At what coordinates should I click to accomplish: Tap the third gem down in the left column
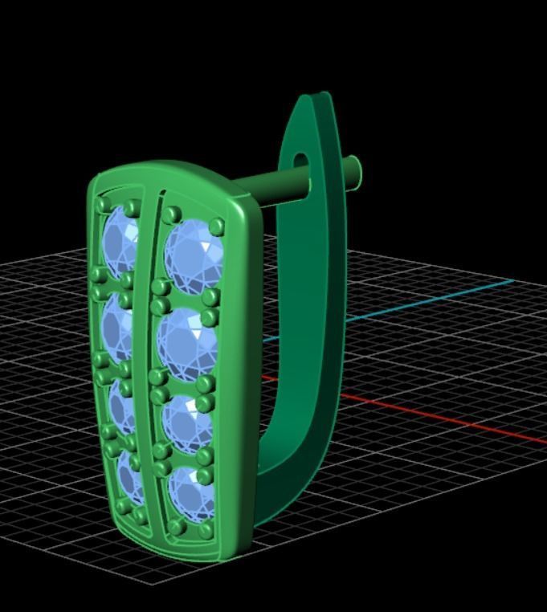123,409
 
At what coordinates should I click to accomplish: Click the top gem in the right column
191,251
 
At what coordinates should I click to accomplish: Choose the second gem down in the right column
187,341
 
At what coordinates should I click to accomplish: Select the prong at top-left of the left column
103,206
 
